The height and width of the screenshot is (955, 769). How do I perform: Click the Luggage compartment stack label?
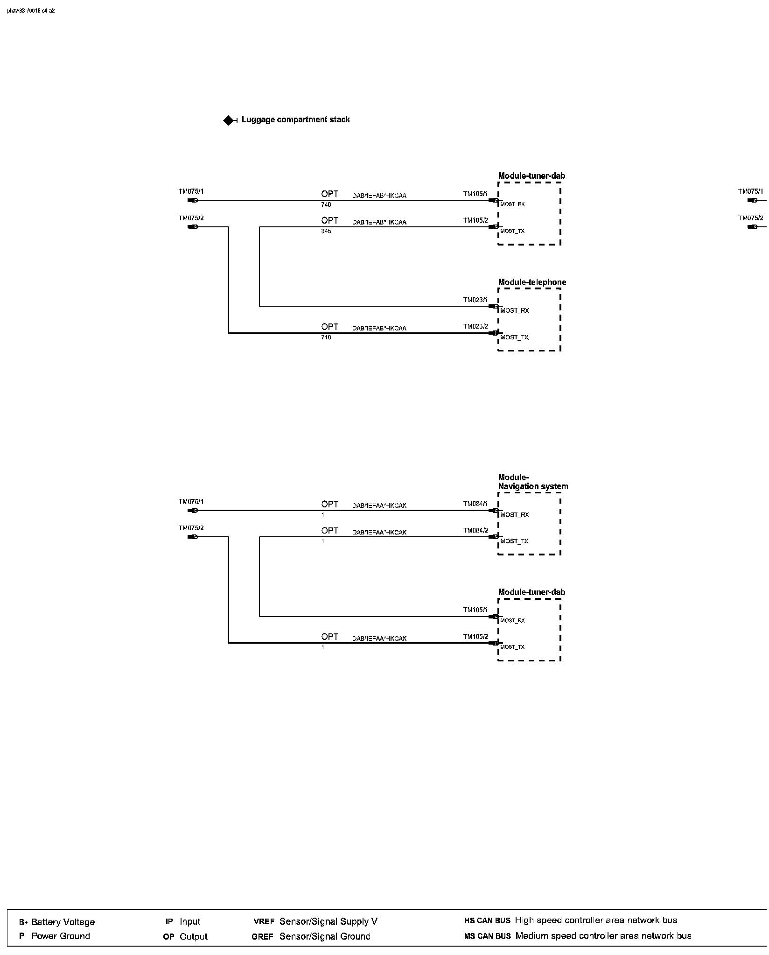coord(295,119)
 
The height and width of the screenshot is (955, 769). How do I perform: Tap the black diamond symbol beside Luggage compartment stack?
coord(228,120)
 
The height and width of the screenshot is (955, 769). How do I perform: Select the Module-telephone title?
coord(532,282)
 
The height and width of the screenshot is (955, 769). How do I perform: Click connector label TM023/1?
coord(475,300)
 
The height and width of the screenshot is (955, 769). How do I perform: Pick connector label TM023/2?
coord(475,327)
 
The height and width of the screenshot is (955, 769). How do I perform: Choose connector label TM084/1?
coord(475,504)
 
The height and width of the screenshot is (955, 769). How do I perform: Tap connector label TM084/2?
coord(475,531)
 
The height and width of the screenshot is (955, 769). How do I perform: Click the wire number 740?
coord(326,205)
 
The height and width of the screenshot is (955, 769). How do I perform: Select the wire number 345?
coord(326,232)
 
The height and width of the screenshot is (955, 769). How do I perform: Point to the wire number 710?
coord(326,337)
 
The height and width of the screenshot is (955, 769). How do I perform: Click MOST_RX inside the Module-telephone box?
coord(515,311)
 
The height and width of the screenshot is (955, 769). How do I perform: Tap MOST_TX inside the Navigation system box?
coord(514,541)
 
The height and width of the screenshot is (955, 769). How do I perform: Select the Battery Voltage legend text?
coord(63,922)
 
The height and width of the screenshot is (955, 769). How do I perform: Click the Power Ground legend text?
coord(61,936)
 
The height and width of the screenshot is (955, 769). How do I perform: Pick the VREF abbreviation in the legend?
coord(263,922)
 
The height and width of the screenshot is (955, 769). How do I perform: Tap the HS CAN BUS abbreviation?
coord(487,921)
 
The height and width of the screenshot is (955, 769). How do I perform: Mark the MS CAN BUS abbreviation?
coord(487,936)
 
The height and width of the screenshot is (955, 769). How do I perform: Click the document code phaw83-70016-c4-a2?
coord(31,11)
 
